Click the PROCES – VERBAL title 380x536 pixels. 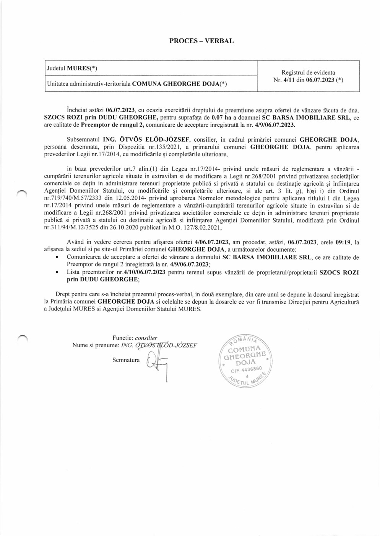(201, 41)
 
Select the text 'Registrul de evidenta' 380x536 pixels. (308, 72)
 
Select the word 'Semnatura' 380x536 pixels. (126, 360)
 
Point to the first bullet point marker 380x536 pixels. (57, 257)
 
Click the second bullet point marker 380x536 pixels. (57, 272)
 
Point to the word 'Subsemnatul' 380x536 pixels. (81, 140)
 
